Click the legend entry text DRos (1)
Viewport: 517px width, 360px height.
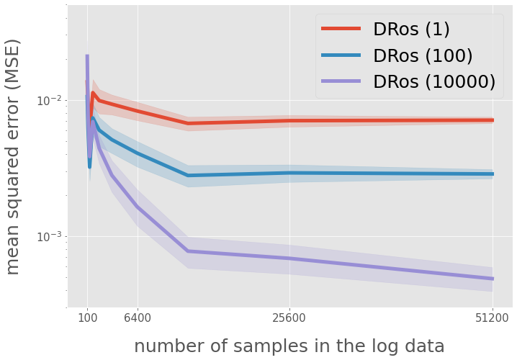pyautogui.click(x=410, y=30)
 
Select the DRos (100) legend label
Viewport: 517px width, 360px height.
pyautogui.click(x=422, y=55)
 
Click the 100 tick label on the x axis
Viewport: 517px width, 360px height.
pyautogui.click(x=87, y=317)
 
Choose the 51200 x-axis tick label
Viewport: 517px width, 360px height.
pyautogui.click(x=493, y=317)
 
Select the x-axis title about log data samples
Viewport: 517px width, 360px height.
pyautogui.click(x=289, y=346)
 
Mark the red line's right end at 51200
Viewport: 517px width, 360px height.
pyautogui.click(x=493, y=120)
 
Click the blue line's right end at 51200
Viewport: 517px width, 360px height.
pyautogui.click(x=493, y=174)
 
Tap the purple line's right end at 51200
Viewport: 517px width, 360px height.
pyautogui.click(x=493, y=279)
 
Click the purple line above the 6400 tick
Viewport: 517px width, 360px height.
pyautogui.click(x=138, y=207)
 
